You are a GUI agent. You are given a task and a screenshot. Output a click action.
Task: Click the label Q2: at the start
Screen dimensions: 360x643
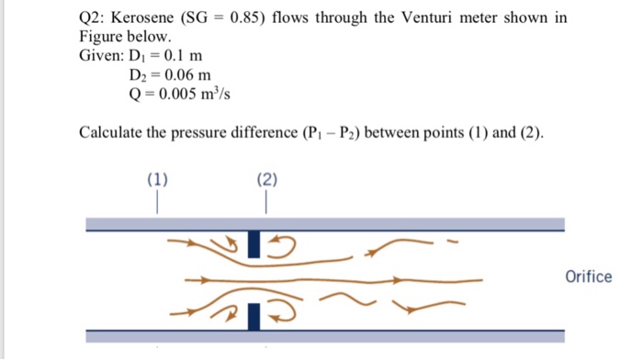pos(92,17)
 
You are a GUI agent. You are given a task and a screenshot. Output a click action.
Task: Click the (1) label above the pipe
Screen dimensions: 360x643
pos(158,179)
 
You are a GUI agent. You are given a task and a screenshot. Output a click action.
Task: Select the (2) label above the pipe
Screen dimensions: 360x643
pos(267,179)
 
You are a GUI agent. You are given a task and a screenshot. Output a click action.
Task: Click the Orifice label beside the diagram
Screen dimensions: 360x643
pos(589,276)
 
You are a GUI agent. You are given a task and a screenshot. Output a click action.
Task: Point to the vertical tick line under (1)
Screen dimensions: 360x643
pos(158,200)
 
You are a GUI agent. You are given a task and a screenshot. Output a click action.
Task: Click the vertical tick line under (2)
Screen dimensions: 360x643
pos(267,200)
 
